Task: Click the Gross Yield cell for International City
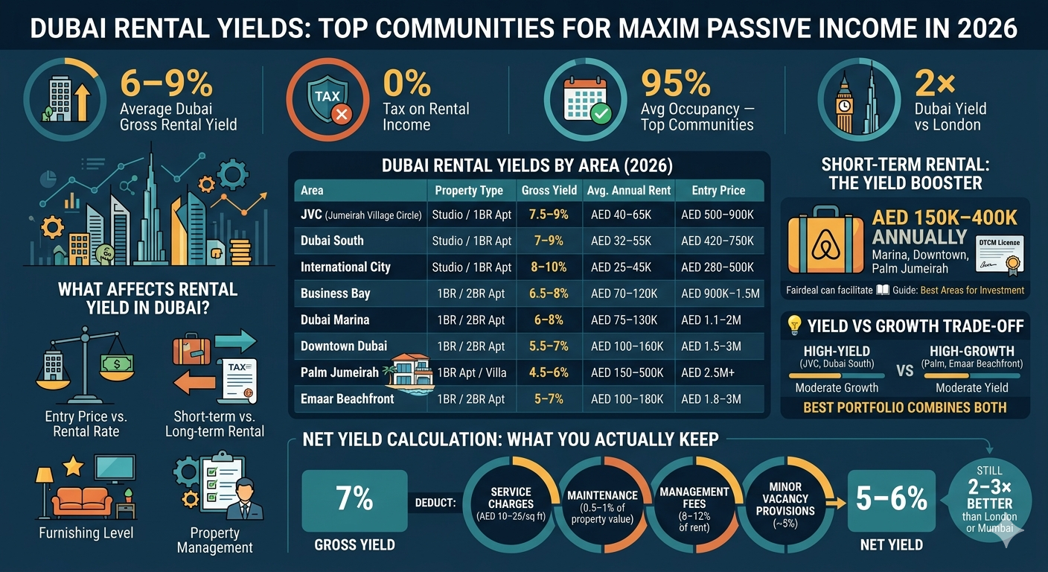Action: click(x=548, y=267)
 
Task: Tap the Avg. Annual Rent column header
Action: click(x=629, y=191)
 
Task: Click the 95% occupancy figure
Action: click(x=675, y=83)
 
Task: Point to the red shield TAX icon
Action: click(x=328, y=103)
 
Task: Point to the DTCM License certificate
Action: click(x=998, y=254)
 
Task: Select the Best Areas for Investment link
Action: click(x=972, y=290)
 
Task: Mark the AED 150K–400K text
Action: click(x=945, y=217)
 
